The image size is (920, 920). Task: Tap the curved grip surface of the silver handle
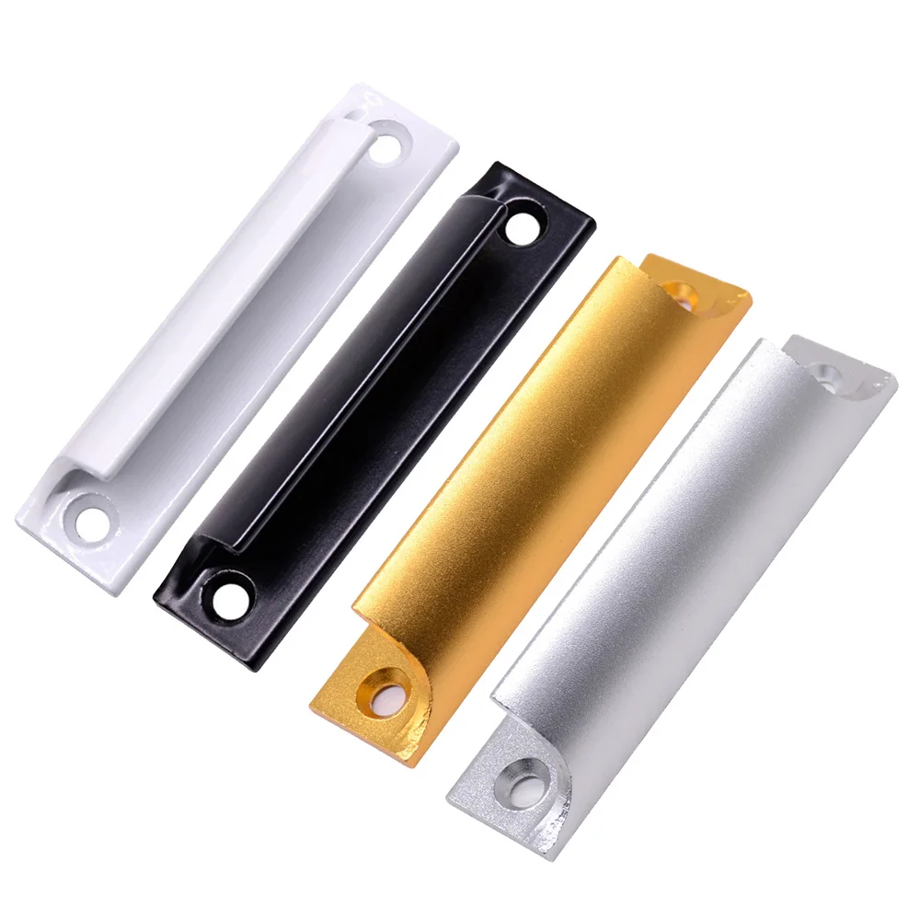click(x=681, y=543)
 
